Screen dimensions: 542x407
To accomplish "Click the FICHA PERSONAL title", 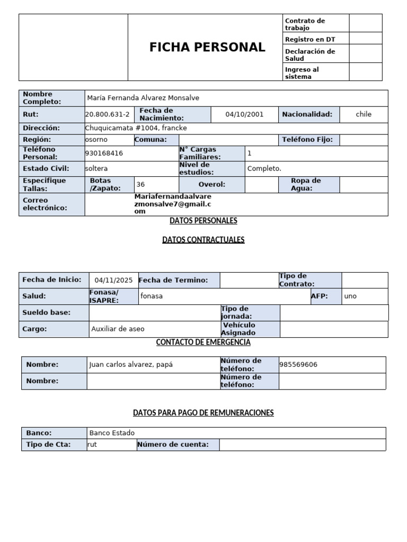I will (x=207, y=47).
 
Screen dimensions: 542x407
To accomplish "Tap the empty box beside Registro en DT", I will (x=365, y=39).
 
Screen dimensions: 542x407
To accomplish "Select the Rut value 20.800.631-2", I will (x=107, y=114).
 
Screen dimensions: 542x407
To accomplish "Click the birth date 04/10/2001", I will (x=244, y=114).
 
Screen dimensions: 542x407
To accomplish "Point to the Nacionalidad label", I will (x=307, y=114).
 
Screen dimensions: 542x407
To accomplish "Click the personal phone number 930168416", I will (x=104, y=153).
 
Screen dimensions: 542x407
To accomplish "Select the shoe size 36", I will (x=140, y=185).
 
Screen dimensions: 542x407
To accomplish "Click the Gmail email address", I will (x=173, y=204).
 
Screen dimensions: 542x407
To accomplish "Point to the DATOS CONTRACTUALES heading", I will (x=203, y=240).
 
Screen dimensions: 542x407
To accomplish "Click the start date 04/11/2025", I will (x=113, y=281).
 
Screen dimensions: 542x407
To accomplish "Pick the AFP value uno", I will (x=350, y=296).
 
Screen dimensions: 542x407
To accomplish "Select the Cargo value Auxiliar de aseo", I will (x=118, y=329).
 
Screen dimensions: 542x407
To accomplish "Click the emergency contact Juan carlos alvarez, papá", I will (x=131, y=365).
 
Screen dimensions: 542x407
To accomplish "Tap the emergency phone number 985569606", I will (x=299, y=365).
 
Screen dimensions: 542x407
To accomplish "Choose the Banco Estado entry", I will (x=112, y=433).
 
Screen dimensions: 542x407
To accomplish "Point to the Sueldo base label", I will (x=47, y=313).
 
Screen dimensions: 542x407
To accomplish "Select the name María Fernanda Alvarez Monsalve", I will (x=143, y=98).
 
